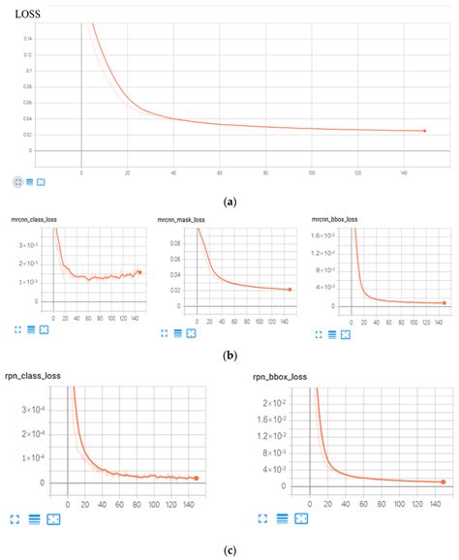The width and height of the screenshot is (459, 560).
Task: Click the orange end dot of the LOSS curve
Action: [423, 131]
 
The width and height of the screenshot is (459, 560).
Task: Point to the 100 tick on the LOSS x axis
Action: [311, 172]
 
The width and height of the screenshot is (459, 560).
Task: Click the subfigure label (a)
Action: [229, 202]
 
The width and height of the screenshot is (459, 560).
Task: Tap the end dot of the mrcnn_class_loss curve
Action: [139, 272]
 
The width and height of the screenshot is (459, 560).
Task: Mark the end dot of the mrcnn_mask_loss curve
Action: [290, 289]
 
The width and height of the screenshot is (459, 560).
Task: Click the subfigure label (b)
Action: [229, 355]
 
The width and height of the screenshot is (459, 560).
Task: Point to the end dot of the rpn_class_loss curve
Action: [196, 478]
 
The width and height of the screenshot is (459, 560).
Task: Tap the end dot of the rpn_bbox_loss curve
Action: [444, 481]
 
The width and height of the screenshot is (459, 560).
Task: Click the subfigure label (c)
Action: [229, 550]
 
